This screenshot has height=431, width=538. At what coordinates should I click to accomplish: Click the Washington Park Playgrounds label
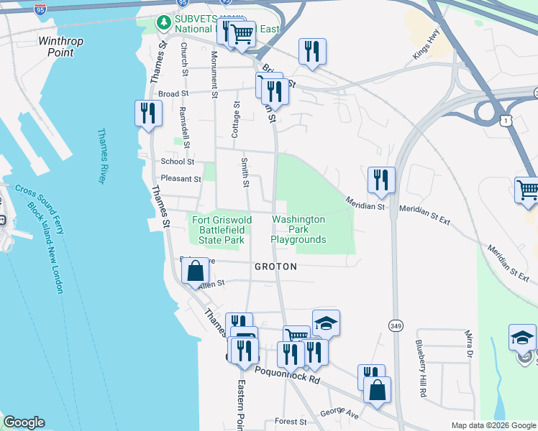[x=298, y=229]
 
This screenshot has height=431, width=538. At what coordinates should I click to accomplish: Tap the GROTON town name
[x=275, y=266]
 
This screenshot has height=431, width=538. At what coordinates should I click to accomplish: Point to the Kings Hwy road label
[x=425, y=50]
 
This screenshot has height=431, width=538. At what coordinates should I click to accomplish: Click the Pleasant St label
[x=181, y=179]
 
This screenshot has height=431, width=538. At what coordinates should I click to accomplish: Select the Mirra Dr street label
[x=468, y=344]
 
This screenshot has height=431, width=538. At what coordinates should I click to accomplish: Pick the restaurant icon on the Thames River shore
[x=148, y=113]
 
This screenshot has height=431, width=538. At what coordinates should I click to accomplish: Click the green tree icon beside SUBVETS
[x=164, y=23]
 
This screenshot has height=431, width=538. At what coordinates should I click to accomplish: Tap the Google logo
[x=24, y=422]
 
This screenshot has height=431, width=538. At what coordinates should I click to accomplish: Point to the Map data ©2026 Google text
[x=493, y=425]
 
